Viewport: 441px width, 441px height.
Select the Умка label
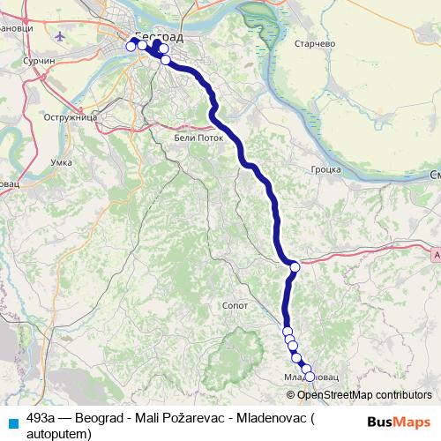click(x=62, y=163)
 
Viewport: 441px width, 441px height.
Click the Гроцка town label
click(x=325, y=168)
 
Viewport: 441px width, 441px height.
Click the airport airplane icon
click(x=60, y=38)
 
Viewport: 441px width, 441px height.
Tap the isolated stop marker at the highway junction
click(x=295, y=266)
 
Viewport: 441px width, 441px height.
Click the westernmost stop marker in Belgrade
click(x=131, y=46)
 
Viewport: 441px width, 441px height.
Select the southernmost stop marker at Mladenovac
click(x=309, y=377)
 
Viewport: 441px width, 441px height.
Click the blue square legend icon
click(x=12, y=422)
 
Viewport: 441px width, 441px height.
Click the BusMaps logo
click(x=399, y=422)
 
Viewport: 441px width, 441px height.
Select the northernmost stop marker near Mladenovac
click(x=288, y=331)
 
